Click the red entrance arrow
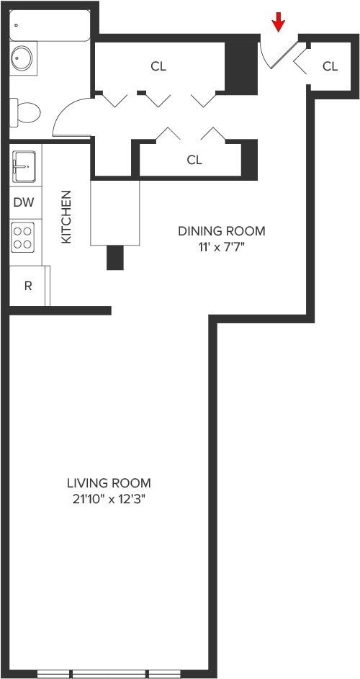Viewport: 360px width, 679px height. [x=278, y=22]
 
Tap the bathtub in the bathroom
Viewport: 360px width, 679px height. [x=50, y=25]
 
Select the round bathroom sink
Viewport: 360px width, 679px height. [x=22, y=58]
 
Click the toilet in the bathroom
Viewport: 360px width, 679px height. [x=25, y=112]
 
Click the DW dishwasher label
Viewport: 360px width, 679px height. [x=23, y=202]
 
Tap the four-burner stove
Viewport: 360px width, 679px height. [x=23, y=237]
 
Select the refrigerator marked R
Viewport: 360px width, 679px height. [x=28, y=286]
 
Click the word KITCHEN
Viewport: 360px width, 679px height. [x=66, y=217]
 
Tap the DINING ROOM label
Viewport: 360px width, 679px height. [x=221, y=231]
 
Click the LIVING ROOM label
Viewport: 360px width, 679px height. [x=109, y=482]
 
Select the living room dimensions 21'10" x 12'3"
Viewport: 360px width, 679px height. [x=109, y=500]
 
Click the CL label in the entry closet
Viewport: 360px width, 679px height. [x=330, y=66]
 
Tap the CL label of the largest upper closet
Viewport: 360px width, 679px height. [x=158, y=66]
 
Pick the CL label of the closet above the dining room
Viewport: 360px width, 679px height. [x=194, y=160]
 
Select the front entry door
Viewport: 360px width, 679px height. [x=282, y=55]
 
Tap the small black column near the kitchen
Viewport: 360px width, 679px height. [x=115, y=257]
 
